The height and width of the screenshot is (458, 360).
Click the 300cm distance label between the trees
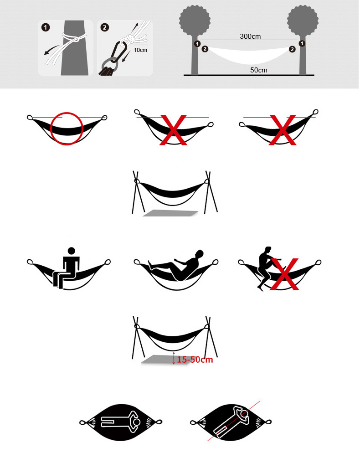coord(250,36)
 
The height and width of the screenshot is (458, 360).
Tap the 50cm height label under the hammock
coord(259,70)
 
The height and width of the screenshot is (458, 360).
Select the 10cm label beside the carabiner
coord(140,50)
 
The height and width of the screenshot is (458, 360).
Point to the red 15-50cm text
coord(195,360)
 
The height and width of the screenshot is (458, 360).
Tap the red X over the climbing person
coord(284,274)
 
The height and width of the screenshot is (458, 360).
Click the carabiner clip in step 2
coord(120,51)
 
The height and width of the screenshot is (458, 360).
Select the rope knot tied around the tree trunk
coord(75,37)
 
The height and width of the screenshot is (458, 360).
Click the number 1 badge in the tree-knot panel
coord(46,27)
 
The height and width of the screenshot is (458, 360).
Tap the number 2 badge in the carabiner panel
coord(104,27)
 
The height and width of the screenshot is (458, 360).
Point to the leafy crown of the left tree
coord(195,21)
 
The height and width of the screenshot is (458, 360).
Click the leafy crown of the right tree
coord(303,21)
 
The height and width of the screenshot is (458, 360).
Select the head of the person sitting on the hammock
coord(71,251)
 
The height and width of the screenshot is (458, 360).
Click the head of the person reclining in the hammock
coord(199,253)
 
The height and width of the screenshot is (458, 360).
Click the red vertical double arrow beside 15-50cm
coord(174,358)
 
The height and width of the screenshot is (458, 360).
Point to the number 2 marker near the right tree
coord(292,49)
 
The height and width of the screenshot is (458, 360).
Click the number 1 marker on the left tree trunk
coord(197,44)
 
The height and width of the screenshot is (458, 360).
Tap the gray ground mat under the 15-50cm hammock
coord(165,360)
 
